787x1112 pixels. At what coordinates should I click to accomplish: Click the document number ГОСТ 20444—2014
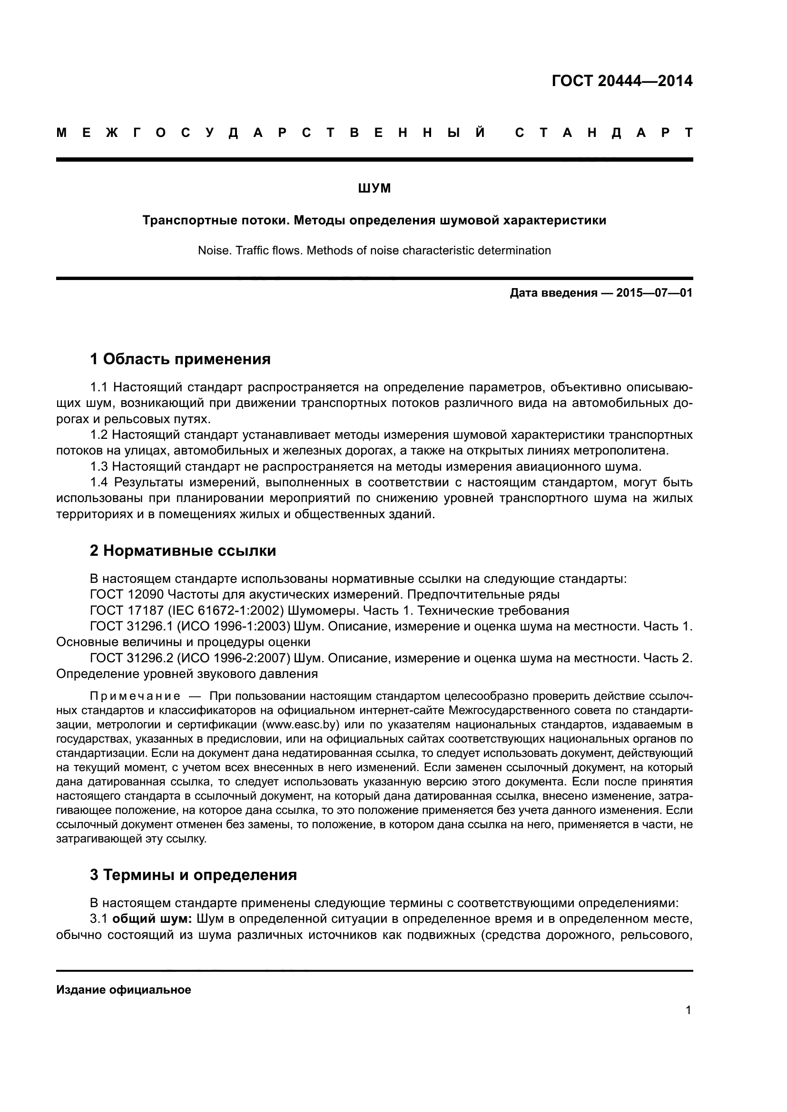[x=622, y=81]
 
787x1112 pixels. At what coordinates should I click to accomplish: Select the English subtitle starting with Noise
[x=374, y=251]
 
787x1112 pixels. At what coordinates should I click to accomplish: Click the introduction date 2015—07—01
[x=654, y=293]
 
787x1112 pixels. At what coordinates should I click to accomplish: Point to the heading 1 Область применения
[x=180, y=359]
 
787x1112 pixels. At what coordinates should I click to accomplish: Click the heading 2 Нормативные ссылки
[x=183, y=551]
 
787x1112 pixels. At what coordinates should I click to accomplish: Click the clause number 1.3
[x=99, y=467]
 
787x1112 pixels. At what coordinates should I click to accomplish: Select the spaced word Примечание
[x=135, y=696]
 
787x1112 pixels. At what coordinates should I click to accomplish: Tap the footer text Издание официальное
[x=124, y=990]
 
